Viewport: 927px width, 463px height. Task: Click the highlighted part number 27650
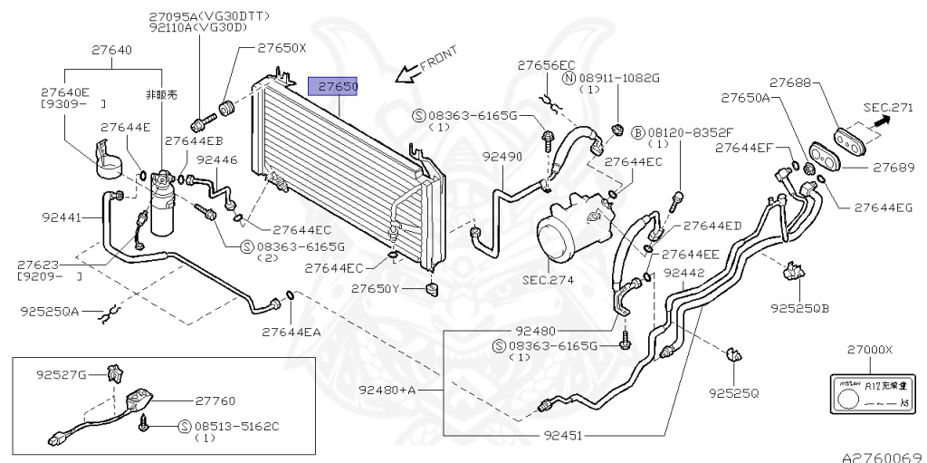[335, 86]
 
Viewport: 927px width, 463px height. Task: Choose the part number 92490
[502, 157]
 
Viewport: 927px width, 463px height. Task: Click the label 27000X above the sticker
[869, 350]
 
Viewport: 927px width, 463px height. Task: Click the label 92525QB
[800, 308]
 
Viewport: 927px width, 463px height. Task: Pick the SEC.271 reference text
[888, 107]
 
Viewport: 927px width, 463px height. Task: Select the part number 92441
[62, 217]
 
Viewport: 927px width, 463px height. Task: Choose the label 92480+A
[387, 390]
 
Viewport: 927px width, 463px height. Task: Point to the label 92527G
[62, 373]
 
